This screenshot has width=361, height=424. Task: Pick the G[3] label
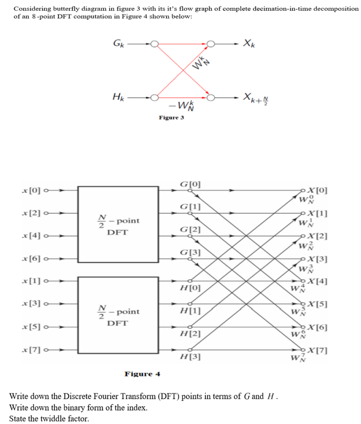pos(189,252)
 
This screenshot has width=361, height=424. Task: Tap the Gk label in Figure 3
pos(118,44)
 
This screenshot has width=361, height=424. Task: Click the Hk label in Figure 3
pos(118,97)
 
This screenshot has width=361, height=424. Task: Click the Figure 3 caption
pos(171,117)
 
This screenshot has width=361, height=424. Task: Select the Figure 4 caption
pos(143,374)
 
